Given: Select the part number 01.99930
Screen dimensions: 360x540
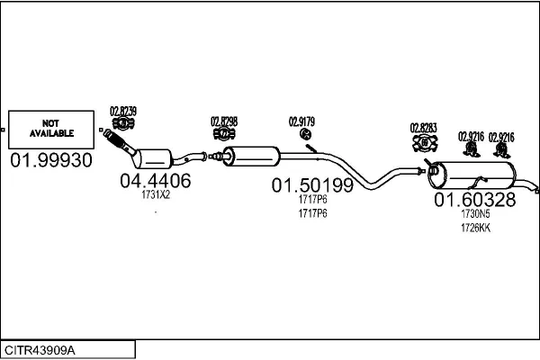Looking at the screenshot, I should coord(50,160).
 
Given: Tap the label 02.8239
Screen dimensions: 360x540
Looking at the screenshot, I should coord(123,111).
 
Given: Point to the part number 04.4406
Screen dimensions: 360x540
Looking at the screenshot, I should coord(155,181).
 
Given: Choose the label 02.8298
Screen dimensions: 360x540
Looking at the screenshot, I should coord(224,121).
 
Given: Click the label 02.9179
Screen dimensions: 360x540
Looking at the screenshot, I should coord(301,121).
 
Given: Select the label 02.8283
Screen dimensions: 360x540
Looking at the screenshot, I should coord(423,128).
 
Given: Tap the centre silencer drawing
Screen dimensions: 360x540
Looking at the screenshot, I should coord(253,156).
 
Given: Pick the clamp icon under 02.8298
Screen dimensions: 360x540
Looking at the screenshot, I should coord(224,135).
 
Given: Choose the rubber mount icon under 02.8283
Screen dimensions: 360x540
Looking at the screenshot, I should coord(422,142).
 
